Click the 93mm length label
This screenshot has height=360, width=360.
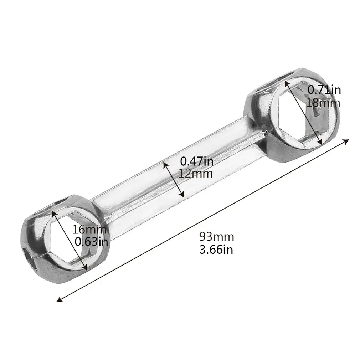pyautogui.click(x=216, y=237)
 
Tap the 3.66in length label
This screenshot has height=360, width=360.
pyautogui.click(x=216, y=250)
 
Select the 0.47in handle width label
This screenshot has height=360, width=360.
pyautogui.click(x=197, y=161)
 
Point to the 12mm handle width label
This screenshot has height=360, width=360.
pyautogui.click(x=196, y=174)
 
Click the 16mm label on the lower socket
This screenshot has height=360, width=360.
pyautogui.click(x=89, y=230)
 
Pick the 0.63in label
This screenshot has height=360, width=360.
pyautogui.click(x=91, y=242)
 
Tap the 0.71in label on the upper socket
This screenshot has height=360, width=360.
pyautogui.click(x=324, y=90)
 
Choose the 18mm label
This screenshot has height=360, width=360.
pyautogui.click(x=323, y=103)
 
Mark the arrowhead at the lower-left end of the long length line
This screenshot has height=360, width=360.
pyautogui.click(x=60, y=299)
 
